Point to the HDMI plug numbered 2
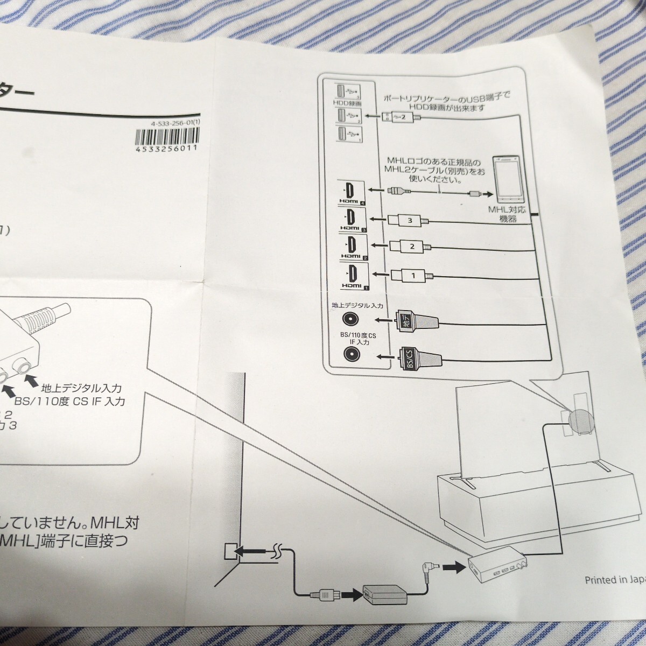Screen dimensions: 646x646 [410, 247]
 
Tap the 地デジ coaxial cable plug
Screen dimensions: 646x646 [417, 321]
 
